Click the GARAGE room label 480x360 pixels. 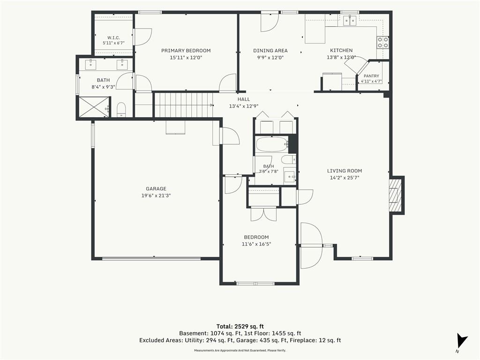click(156, 189)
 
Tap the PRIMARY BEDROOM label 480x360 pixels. click(186, 51)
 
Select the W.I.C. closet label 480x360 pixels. click(113, 37)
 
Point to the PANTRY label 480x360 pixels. click(371, 76)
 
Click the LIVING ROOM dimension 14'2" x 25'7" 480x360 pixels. click(345, 178)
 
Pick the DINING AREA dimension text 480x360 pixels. click(270, 57)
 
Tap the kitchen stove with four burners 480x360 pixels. click(382, 42)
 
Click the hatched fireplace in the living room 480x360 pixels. click(395, 195)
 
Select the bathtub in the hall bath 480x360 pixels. click(272, 144)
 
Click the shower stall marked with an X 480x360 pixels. click(94, 106)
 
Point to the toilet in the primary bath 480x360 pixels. click(121, 110)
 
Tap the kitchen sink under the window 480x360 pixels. click(350, 21)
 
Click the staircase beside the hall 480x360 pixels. click(184, 105)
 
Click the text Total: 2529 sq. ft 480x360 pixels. click(240, 326)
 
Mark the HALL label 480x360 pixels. click(244, 99)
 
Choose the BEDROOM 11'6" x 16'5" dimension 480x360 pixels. click(256, 244)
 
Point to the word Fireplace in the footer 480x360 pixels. click(302, 340)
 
